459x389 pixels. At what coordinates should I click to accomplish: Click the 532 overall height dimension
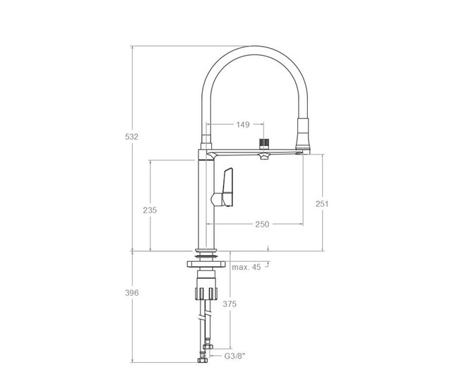[131, 137]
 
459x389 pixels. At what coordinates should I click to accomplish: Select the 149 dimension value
[243, 125]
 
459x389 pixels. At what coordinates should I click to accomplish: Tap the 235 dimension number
[150, 210]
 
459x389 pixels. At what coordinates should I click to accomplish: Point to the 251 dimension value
[322, 204]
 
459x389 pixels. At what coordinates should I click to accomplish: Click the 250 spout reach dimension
[262, 225]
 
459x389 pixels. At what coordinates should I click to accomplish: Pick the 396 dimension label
[132, 293]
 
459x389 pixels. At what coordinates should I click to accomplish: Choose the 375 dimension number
[229, 304]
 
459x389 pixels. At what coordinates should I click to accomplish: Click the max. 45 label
[246, 268]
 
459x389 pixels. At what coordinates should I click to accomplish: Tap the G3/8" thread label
[234, 357]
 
